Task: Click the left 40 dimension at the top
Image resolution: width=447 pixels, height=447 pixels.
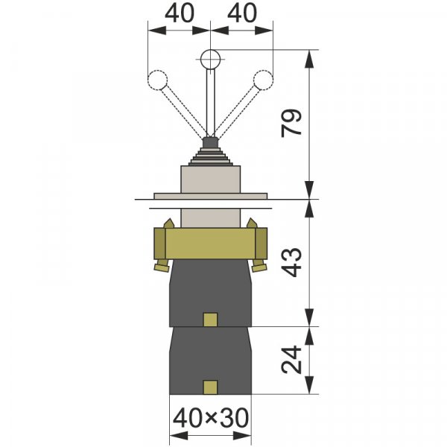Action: [x=180, y=13]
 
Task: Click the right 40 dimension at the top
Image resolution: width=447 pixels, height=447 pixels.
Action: [x=242, y=13]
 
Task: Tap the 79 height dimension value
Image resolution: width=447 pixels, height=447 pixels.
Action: [x=291, y=123]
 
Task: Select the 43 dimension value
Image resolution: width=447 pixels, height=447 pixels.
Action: [x=291, y=262]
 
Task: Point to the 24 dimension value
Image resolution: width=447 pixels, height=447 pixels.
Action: [x=291, y=360]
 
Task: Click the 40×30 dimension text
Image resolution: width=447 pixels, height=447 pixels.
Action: [x=211, y=418]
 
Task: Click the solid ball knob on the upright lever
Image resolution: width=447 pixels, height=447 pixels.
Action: [x=210, y=60]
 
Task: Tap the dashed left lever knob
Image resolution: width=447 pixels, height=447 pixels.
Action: [x=158, y=80]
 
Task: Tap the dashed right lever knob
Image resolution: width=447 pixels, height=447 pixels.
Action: [x=263, y=80]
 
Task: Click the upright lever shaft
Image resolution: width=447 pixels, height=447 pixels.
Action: [x=211, y=103]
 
